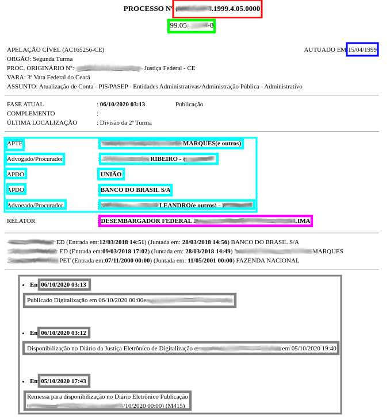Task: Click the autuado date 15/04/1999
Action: (x=362, y=50)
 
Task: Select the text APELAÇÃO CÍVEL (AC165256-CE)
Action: (x=56, y=50)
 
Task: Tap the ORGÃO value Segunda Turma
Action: (x=53, y=59)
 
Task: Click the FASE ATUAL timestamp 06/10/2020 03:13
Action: (x=123, y=105)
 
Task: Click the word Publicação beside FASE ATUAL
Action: (x=189, y=105)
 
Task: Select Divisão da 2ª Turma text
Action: (x=126, y=122)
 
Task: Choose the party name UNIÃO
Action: (x=112, y=174)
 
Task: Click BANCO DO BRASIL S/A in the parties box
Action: (x=135, y=190)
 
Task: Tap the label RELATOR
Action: (x=21, y=221)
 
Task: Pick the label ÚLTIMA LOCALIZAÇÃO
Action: (x=42, y=122)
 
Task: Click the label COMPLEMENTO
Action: (x=31, y=114)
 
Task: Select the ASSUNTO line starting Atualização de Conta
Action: (x=170, y=86)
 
